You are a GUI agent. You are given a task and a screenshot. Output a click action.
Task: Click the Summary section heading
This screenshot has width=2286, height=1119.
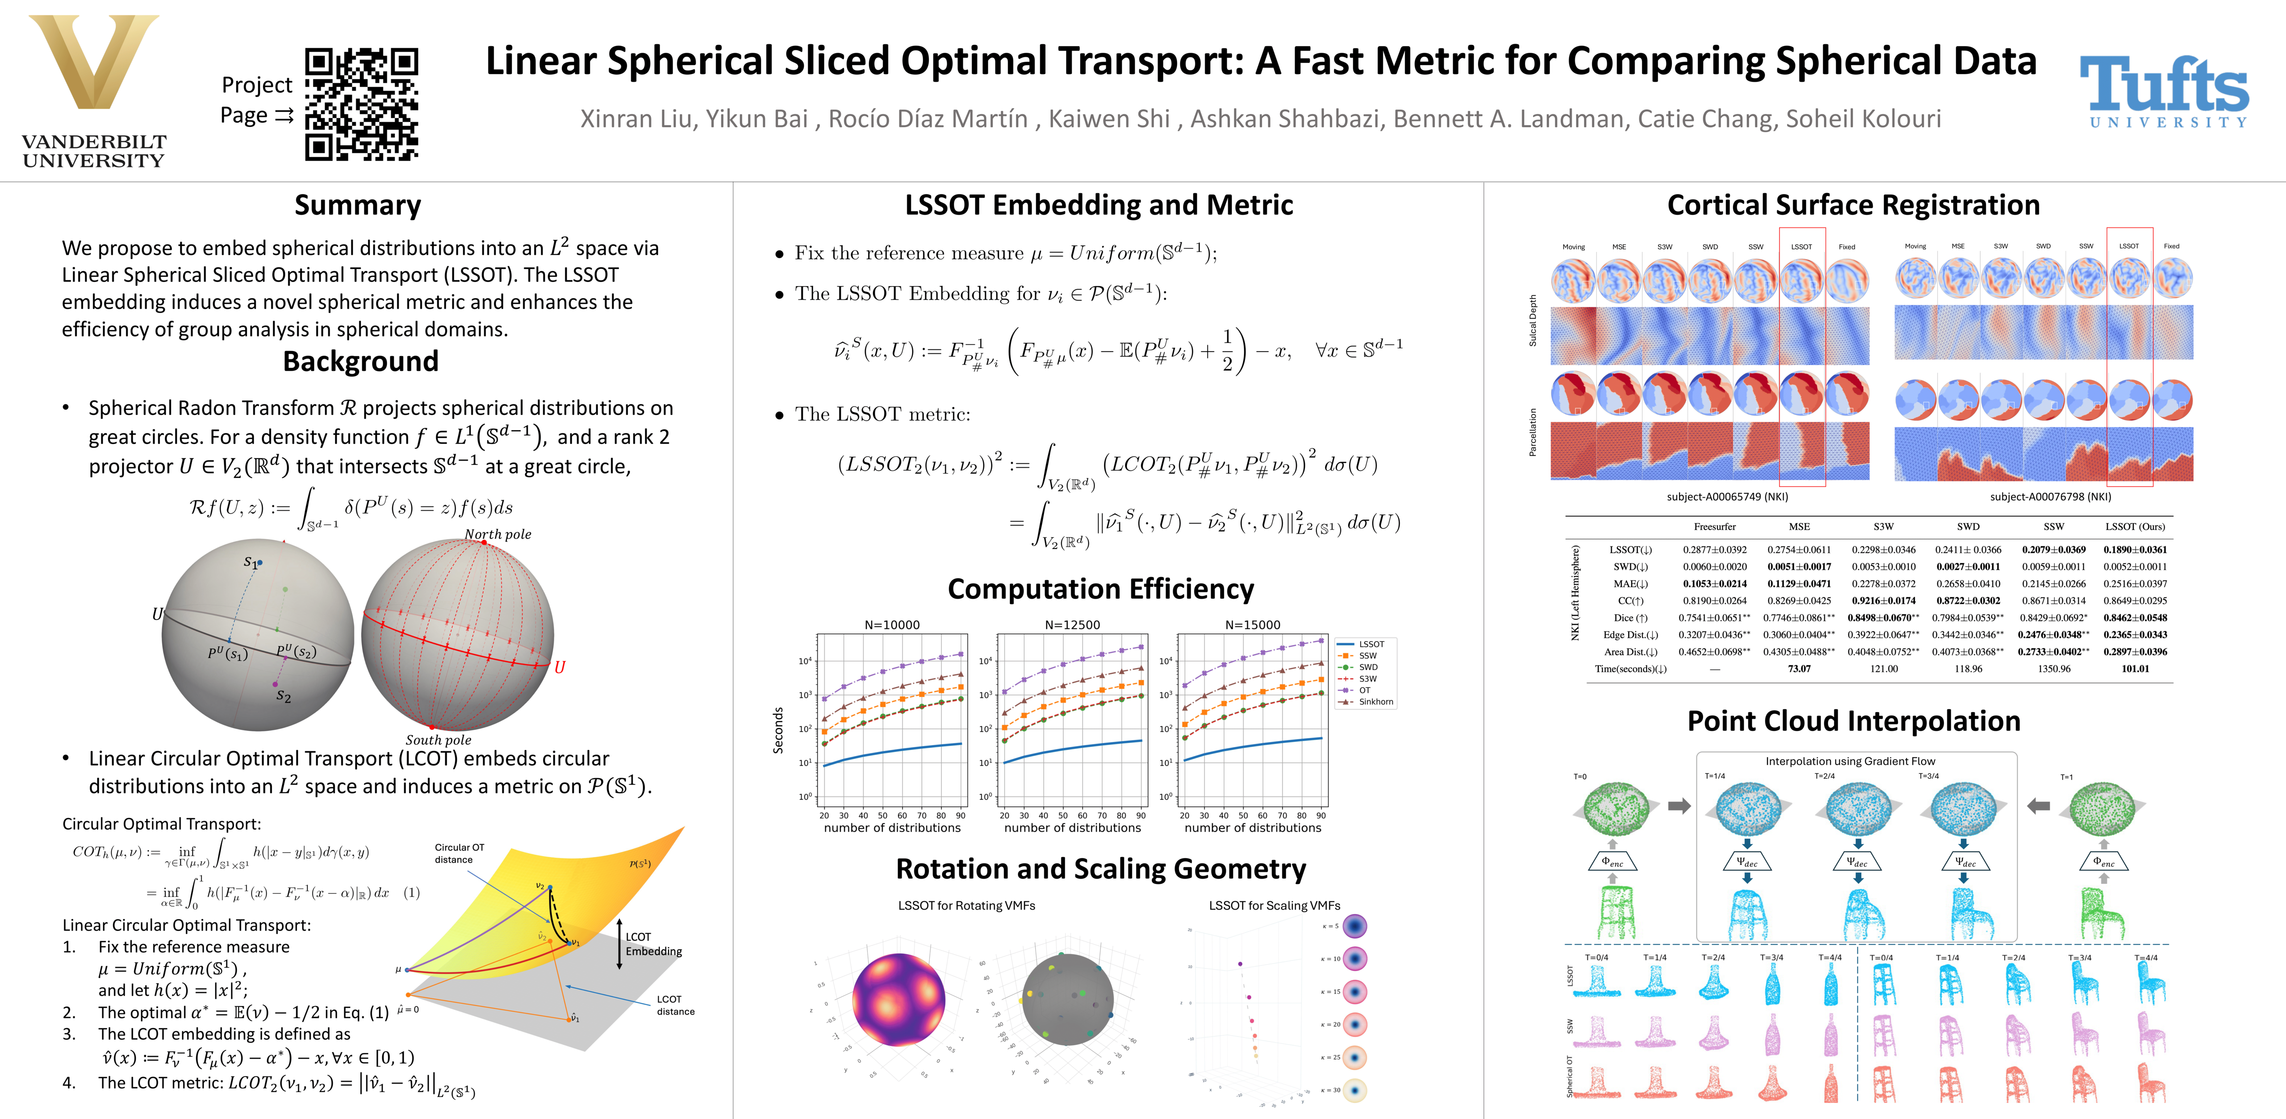tap(358, 205)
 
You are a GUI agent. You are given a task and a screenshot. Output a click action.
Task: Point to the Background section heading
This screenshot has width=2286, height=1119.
tap(360, 361)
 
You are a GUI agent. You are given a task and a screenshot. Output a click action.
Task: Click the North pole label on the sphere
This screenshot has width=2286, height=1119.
tap(498, 534)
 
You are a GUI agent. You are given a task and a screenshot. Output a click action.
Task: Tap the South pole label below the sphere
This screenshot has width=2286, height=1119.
tap(439, 739)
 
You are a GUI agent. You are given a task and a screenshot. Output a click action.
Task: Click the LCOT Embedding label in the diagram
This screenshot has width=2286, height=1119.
tap(653, 944)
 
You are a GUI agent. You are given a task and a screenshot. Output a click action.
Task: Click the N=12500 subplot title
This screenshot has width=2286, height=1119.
tap(1072, 625)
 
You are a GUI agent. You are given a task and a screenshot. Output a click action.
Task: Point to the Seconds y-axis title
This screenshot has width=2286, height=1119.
tap(778, 730)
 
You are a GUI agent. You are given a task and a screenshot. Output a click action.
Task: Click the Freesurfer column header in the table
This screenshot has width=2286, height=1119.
tap(1714, 526)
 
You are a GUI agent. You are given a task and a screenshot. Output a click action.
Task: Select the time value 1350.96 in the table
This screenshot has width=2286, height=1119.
tap(2053, 669)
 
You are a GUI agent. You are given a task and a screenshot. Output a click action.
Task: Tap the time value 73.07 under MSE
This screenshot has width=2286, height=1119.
tap(1799, 669)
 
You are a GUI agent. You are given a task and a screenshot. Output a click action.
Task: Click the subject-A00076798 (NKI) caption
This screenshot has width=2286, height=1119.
tap(2050, 497)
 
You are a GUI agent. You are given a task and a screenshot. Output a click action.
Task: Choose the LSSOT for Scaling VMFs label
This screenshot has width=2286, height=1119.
tap(1274, 905)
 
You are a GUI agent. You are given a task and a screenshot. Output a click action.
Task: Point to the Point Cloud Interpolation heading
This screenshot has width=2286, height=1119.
tap(1853, 721)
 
